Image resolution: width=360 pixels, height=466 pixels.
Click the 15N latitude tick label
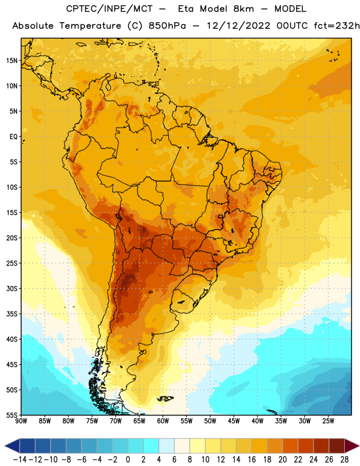click(12, 61)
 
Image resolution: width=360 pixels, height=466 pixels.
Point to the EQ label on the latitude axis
click(13, 137)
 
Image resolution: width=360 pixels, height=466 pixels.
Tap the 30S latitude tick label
click(12, 288)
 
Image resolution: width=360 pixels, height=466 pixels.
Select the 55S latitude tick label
click(12, 415)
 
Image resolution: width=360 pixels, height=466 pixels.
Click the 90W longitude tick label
click(22, 421)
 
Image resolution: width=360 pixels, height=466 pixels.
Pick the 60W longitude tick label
click(163, 421)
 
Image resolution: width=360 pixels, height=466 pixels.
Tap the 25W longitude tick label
click(328, 421)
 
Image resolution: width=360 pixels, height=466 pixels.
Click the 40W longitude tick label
click(257, 421)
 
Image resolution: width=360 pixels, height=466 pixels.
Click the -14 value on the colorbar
click(20, 460)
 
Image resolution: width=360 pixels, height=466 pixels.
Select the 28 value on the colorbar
click(344, 460)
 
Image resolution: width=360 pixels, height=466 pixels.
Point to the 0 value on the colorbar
click(128, 460)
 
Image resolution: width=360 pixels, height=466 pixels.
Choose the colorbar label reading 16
click(252, 460)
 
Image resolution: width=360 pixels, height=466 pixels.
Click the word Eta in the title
click(186, 9)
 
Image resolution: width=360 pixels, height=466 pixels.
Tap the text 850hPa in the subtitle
click(167, 26)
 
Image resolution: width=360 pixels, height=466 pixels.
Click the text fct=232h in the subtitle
click(337, 26)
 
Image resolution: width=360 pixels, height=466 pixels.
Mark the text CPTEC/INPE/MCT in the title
click(110, 9)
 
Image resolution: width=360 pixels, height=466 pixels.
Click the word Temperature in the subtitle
click(90, 26)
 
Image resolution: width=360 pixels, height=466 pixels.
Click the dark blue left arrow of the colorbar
click(12, 446)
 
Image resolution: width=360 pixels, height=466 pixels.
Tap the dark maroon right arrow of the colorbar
click(352, 446)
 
